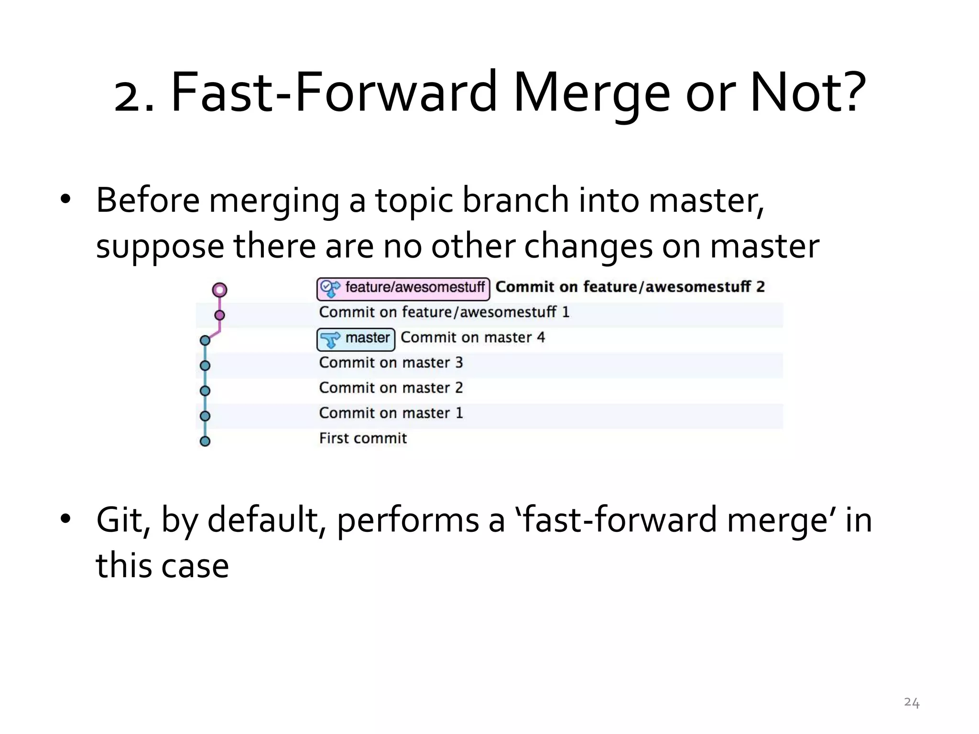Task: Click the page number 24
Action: [912, 702]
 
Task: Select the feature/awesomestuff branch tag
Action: [403, 288]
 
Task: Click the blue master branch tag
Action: [356, 339]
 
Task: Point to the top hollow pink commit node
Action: [219, 290]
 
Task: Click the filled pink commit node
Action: [219, 315]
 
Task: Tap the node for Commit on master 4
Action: [205, 340]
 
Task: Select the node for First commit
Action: [205, 441]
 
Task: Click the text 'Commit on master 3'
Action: [391, 363]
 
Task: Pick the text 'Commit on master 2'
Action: [391, 388]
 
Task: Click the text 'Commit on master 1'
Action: [391, 413]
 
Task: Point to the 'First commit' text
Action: [363, 438]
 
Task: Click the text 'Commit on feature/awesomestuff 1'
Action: [444, 312]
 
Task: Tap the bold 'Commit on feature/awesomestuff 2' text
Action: [630, 287]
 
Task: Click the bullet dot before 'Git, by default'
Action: [66, 518]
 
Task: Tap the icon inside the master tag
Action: [330, 340]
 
